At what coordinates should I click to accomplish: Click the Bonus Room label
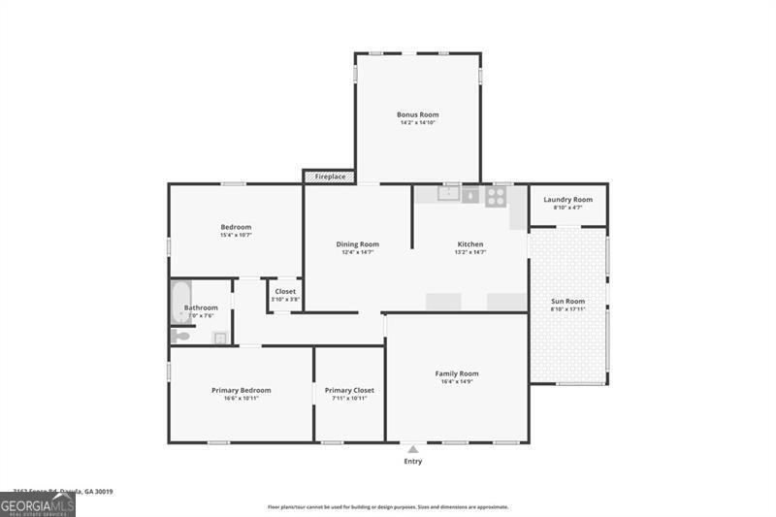[x=418, y=114]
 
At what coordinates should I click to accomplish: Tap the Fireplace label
[x=330, y=177]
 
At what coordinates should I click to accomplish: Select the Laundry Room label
[x=567, y=200]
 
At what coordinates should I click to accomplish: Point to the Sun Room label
[x=567, y=302]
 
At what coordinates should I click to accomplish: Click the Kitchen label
[x=470, y=244]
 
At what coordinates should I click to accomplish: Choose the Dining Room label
[x=358, y=244]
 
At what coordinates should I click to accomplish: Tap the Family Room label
[x=457, y=373]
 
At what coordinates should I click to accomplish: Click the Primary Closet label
[x=349, y=390]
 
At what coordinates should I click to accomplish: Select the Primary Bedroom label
[x=242, y=390]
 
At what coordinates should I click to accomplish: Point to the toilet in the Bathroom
[x=181, y=336]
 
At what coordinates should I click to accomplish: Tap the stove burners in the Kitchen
[x=495, y=195]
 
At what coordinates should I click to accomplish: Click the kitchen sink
[x=448, y=194]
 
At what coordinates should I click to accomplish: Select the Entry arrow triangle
[x=412, y=449]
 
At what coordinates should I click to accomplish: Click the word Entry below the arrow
[x=413, y=462]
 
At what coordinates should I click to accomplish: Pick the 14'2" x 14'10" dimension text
[x=418, y=123]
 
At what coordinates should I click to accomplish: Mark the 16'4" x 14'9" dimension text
[x=457, y=381]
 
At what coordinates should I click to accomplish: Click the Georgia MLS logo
[x=38, y=504]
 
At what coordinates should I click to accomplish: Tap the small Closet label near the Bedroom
[x=285, y=291]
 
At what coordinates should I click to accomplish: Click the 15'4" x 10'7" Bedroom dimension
[x=236, y=235]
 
